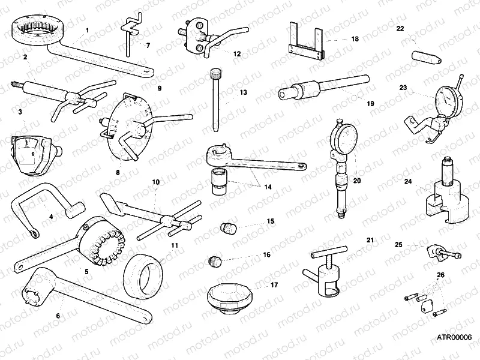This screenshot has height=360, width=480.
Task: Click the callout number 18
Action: tap(355, 38)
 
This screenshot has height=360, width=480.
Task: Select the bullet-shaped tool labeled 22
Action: tap(425, 56)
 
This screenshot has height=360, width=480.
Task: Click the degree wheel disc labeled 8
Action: tap(127, 126)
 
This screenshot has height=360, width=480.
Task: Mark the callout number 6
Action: tap(58, 315)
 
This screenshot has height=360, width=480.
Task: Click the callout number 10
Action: tap(155, 181)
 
